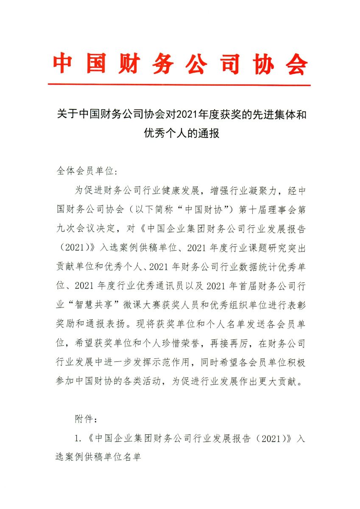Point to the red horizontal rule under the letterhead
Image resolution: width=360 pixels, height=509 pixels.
(179, 85)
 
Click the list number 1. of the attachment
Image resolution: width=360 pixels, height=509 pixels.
(78, 439)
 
